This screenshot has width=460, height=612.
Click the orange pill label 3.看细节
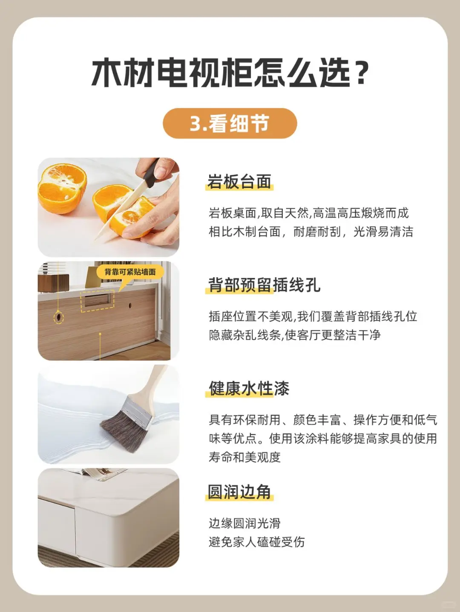point(230,123)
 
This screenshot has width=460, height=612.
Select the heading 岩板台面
point(239,182)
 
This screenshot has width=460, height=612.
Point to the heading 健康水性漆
point(249,388)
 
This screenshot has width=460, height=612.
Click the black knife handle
point(150,173)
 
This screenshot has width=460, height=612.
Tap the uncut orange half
point(62,188)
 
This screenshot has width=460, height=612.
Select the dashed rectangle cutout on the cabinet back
point(98,301)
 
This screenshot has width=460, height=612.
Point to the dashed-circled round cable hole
point(58,317)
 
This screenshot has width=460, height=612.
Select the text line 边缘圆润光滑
point(244,523)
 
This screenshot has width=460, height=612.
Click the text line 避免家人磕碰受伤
point(256,542)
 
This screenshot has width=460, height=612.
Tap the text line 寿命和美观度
point(244,457)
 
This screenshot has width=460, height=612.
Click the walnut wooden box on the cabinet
point(53,283)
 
